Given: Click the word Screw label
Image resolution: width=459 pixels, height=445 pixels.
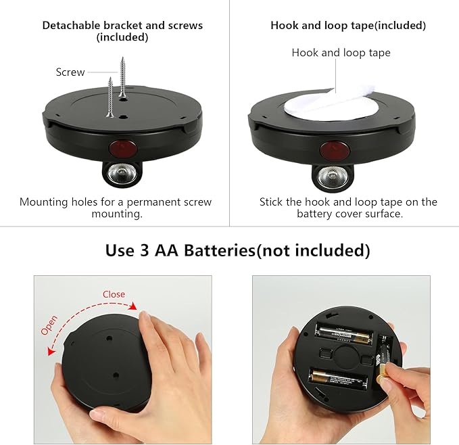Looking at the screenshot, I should tap(70, 72).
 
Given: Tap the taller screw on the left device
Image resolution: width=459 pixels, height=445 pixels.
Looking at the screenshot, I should tap(122, 78).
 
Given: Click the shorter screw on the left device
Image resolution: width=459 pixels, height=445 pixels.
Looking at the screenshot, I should tap(110, 99).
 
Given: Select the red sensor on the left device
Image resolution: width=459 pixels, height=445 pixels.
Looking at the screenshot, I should tap(122, 147).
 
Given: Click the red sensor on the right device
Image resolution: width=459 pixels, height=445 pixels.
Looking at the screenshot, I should tap(332, 148).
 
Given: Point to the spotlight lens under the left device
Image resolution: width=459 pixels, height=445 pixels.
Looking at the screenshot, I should tap(121, 177).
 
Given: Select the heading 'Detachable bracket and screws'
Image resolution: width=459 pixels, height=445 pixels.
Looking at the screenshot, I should tap(122, 26).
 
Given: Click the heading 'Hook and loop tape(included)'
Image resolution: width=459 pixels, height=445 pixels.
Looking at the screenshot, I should tap(348, 26).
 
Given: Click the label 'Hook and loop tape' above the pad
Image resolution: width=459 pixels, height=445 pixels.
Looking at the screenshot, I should tap(341, 53).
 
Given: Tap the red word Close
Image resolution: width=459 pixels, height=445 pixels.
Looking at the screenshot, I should tap(114, 294).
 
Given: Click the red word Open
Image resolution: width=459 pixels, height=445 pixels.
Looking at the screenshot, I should tap(49, 325).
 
